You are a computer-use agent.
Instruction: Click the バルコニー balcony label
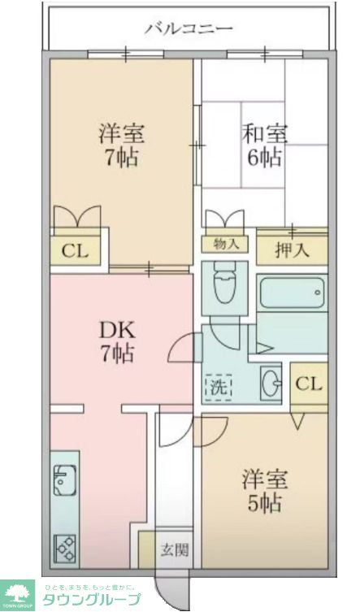point(189,29)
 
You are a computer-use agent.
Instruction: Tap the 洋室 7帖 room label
point(120,144)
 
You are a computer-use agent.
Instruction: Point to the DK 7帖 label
point(117,341)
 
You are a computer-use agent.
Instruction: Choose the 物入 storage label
point(225,244)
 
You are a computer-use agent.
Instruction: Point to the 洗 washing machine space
point(219,386)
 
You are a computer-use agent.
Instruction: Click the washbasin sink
point(268,382)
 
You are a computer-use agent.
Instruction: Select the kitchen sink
point(64,481)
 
